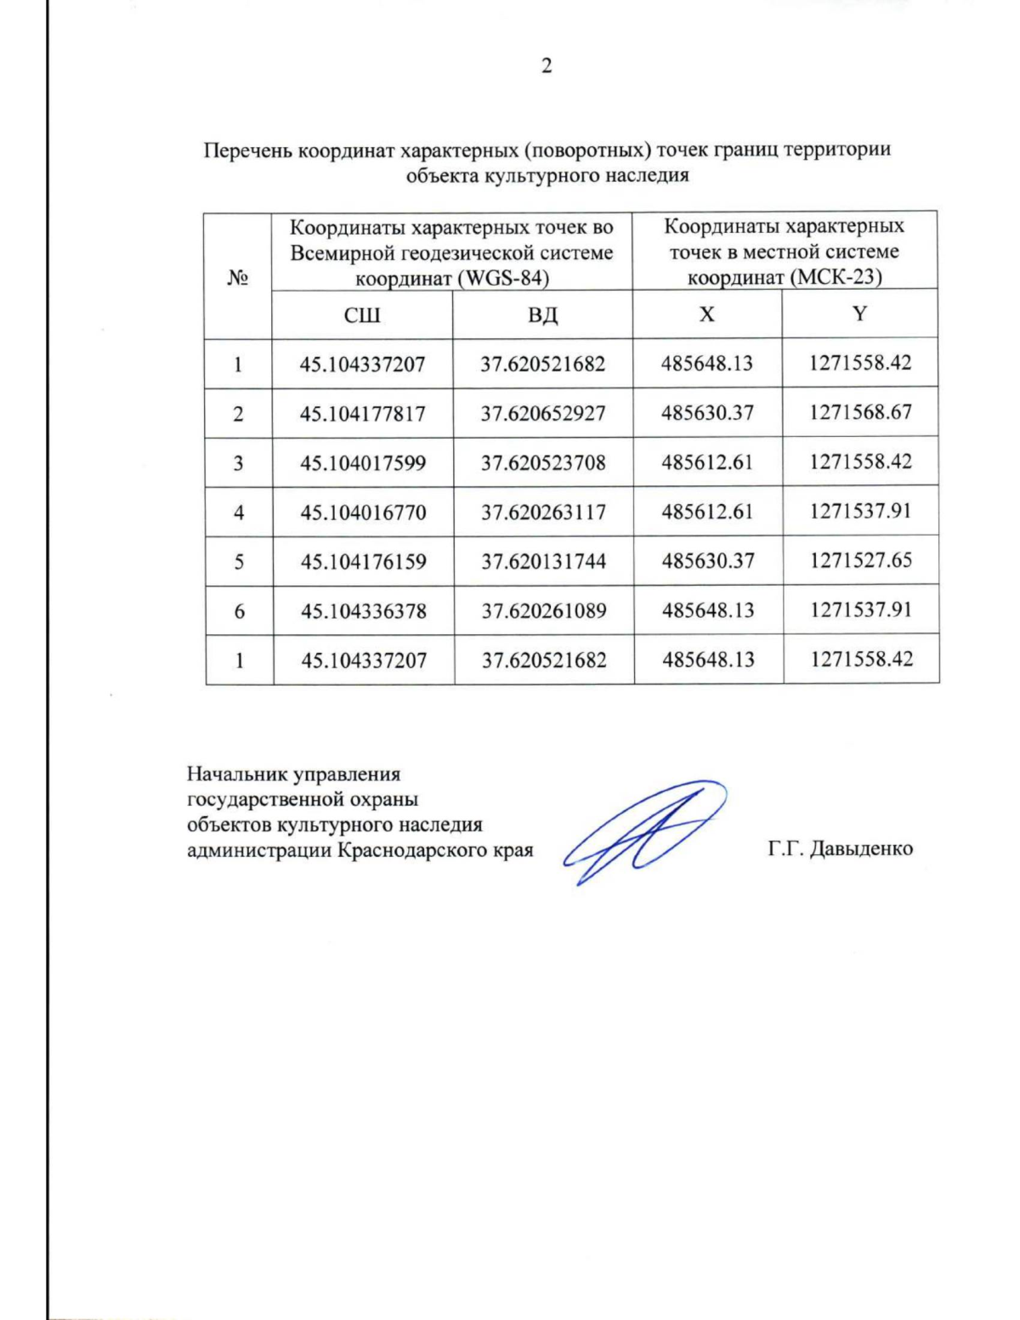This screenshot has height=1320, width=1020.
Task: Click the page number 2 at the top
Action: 547,65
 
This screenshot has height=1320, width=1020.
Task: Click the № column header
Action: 238,277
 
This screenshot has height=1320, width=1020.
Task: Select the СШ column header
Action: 362,315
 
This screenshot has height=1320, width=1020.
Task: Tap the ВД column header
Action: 543,315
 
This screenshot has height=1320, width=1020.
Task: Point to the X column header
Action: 707,314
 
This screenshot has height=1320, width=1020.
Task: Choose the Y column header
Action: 860,314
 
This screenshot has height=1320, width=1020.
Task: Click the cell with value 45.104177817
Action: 363,413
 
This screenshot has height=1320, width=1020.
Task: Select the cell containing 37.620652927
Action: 543,413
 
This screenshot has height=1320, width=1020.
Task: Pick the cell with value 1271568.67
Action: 860,412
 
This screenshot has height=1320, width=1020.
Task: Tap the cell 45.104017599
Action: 363,462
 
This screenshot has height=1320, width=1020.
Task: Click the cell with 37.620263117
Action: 543,512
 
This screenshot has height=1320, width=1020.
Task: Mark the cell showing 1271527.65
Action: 860,560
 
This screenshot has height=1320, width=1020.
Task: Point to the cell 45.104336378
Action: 363,610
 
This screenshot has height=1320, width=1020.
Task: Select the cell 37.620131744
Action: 543,561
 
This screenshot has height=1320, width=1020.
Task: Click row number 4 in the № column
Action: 239,512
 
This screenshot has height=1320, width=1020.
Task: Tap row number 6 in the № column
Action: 239,610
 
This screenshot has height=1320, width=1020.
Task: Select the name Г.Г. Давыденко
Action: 840,848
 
